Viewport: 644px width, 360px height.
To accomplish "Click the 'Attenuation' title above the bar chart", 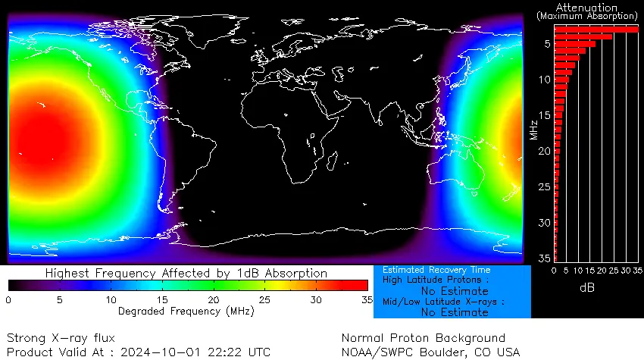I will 587,7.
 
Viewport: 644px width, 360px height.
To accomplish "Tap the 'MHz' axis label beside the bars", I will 534,130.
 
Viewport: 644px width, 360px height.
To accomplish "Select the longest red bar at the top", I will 596,29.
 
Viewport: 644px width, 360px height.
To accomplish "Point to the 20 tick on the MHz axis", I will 544,152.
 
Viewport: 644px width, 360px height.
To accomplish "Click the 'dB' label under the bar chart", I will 587,288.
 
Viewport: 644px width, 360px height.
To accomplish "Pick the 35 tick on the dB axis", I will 639,270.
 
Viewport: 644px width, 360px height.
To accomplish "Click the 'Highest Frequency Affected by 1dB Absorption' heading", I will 186,273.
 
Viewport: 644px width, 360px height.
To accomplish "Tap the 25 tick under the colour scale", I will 264,300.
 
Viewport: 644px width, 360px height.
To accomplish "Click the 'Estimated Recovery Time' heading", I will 436,270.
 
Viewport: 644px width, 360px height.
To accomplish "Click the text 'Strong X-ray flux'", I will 61,338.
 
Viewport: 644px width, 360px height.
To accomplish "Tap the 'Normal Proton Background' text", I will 423,338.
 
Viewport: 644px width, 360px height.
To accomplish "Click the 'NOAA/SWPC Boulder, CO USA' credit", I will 431,352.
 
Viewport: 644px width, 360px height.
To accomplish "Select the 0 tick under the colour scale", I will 8,300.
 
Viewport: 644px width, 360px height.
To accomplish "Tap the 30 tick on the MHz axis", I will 544,223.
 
